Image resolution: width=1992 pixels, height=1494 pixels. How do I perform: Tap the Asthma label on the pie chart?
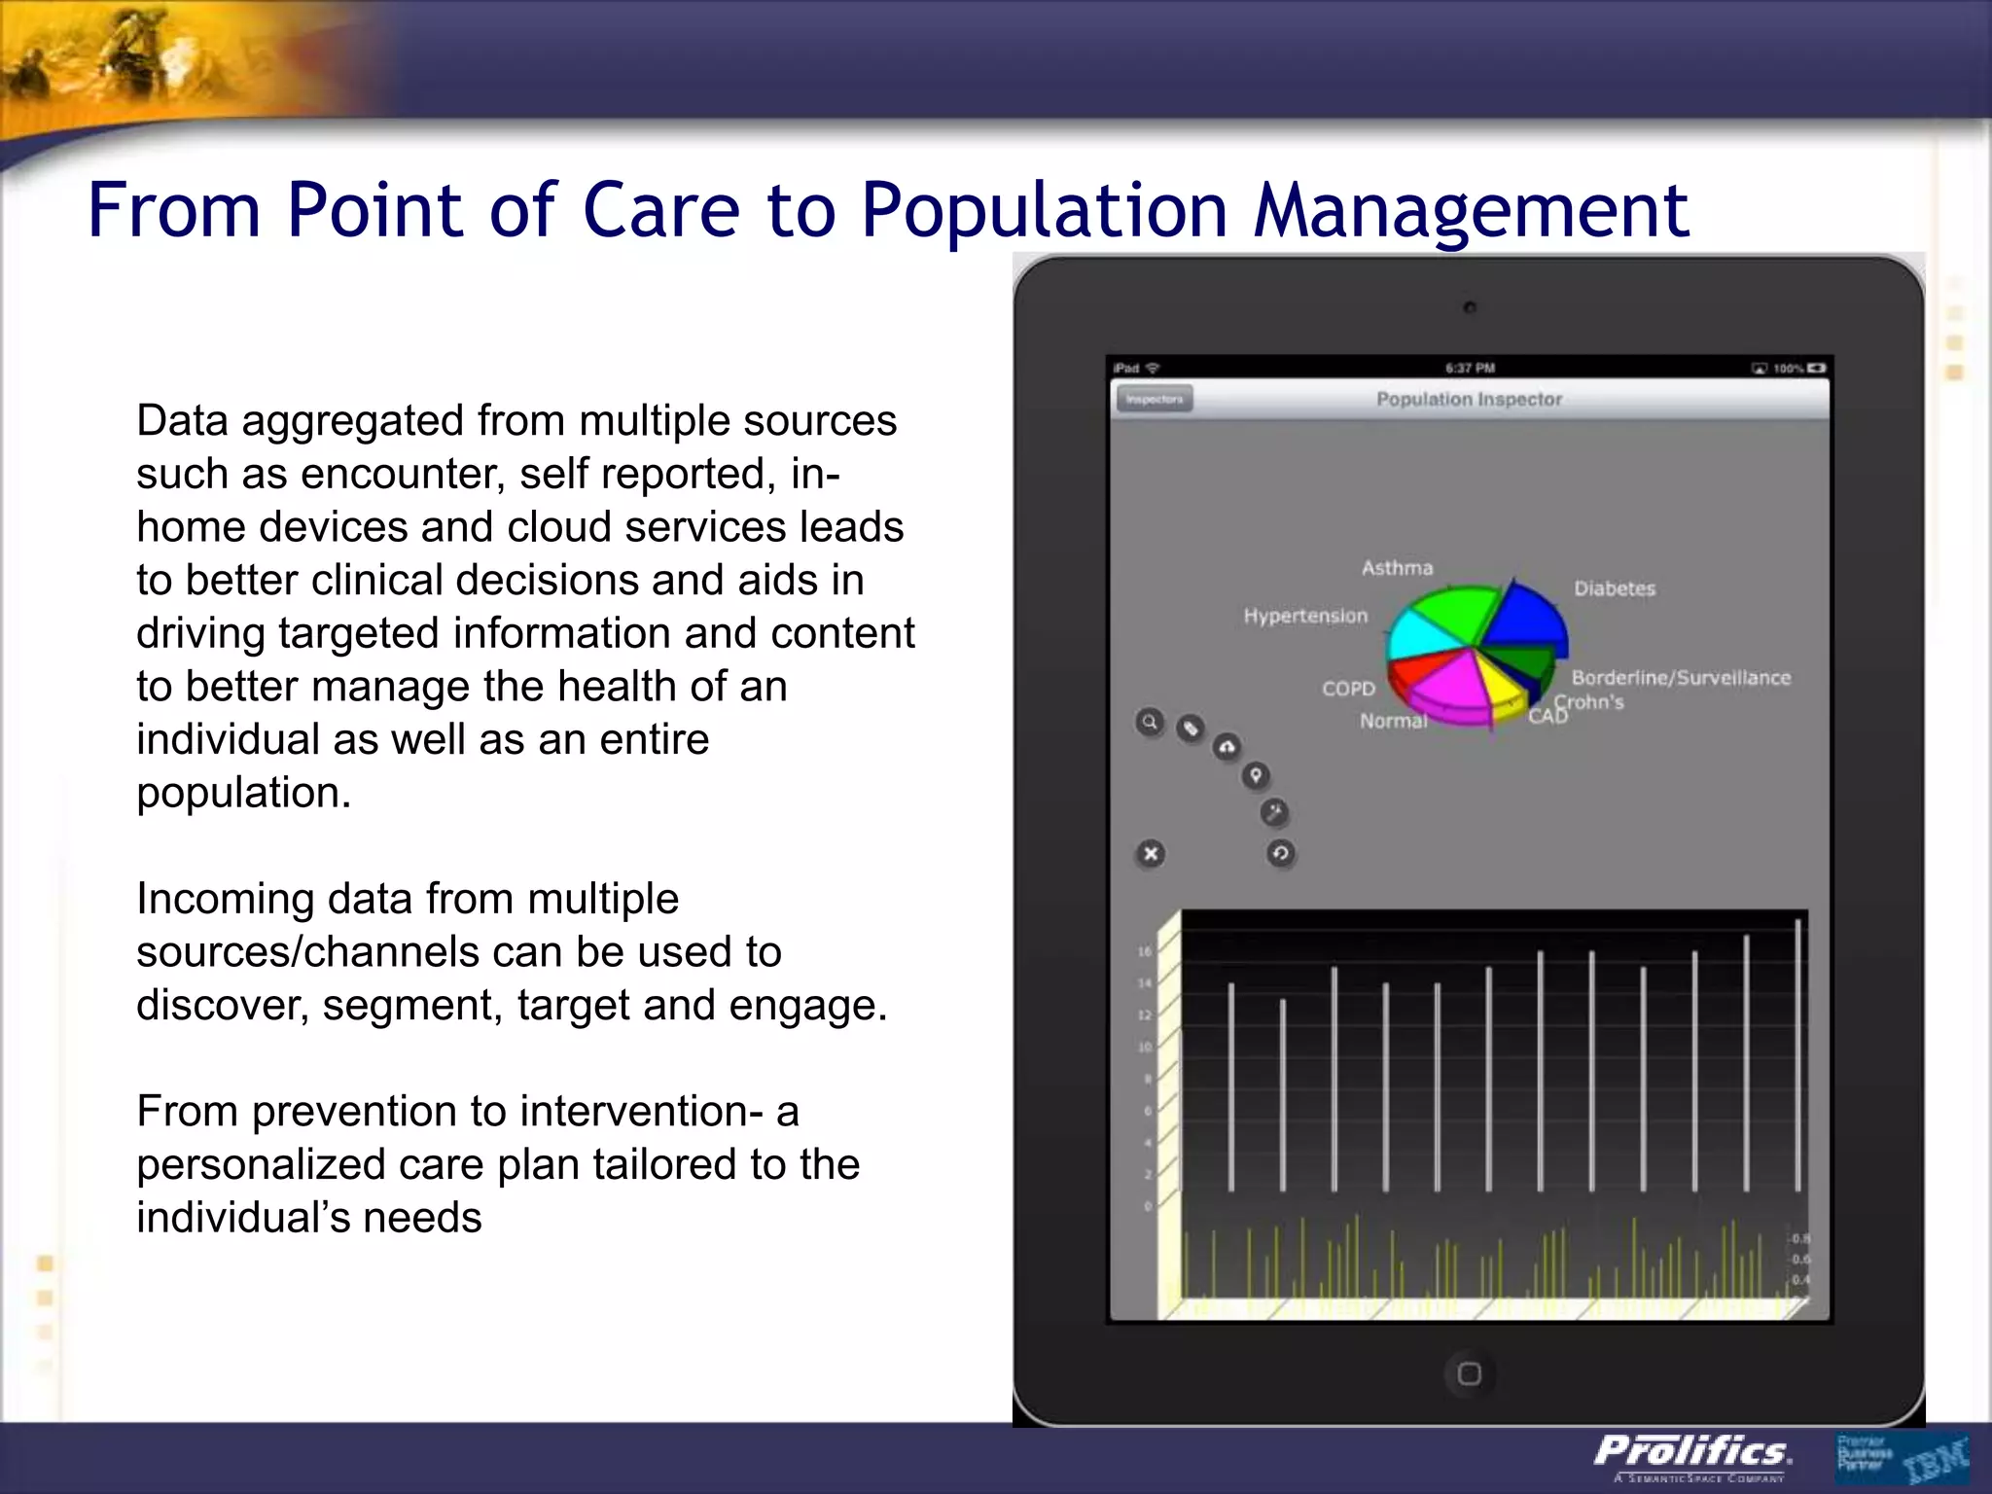(x=1397, y=568)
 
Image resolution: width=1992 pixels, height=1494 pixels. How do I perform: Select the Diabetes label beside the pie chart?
(x=1615, y=588)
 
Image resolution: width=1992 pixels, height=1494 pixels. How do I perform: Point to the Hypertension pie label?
(x=1305, y=616)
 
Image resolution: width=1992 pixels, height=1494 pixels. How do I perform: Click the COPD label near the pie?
(x=1348, y=689)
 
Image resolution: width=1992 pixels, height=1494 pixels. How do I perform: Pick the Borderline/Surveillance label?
(x=1681, y=678)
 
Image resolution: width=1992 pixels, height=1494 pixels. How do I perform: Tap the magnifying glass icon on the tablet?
(x=1150, y=723)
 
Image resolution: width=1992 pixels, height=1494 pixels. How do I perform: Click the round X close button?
(x=1151, y=854)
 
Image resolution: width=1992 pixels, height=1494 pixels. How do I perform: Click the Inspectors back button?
(x=1155, y=400)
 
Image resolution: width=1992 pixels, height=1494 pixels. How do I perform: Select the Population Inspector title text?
(x=1469, y=400)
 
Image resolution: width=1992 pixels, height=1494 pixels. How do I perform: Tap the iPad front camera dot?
(x=1470, y=308)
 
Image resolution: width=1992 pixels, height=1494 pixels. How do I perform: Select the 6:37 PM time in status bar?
(x=1470, y=369)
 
